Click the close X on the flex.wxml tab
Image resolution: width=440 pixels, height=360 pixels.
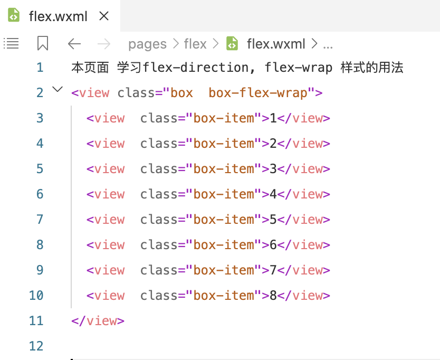[104, 16]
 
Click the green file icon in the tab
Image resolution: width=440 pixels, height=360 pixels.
[14, 16]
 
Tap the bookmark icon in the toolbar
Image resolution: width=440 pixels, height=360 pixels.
[43, 44]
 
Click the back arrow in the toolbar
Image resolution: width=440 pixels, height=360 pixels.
[74, 44]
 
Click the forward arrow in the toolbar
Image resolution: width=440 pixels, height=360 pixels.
[104, 44]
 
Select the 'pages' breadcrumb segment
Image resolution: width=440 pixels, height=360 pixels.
[147, 44]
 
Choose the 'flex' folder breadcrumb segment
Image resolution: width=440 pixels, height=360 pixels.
[195, 44]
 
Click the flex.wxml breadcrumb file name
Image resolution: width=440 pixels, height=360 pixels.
[276, 44]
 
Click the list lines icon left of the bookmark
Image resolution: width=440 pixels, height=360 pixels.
[11, 43]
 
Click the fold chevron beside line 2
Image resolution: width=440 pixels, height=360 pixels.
[58, 90]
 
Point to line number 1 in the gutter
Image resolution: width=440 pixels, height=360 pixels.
[40, 68]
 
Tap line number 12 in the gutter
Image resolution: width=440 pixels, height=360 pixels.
[36, 346]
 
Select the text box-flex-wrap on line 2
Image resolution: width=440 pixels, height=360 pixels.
[257, 93]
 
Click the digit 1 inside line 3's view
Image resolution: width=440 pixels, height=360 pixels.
[273, 118]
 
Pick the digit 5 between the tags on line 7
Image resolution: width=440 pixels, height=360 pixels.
[273, 220]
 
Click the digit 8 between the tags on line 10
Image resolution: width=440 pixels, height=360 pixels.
[273, 296]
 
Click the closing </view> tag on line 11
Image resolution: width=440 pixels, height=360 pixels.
[98, 320]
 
